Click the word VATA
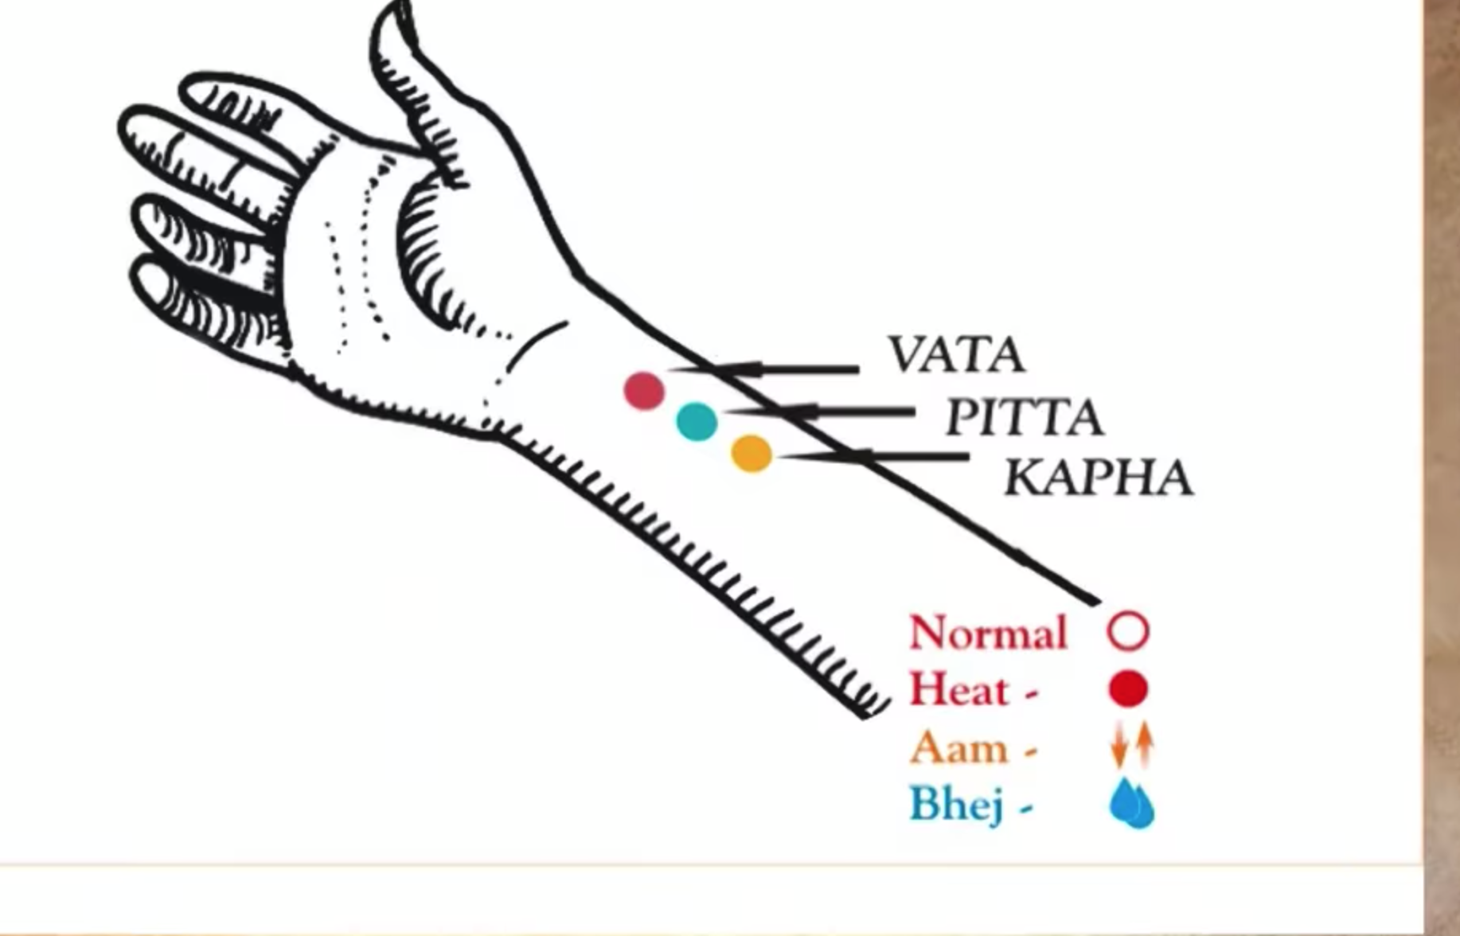[956, 355]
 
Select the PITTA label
[1024, 417]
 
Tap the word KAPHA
[1098, 478]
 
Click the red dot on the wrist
[644, 391]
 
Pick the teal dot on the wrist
[697, 421]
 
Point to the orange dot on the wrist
[751, 454]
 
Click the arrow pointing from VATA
[764, 369]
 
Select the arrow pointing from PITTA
[820, 411]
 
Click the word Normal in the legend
[988, 633]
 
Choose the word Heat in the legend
[958, 689]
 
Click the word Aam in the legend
[958, 748]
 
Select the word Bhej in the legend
[956, 804]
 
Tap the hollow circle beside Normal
[1128, 632]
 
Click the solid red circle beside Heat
[1128, 688]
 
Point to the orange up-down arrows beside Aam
[1132, 745]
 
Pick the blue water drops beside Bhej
[1131, 804]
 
